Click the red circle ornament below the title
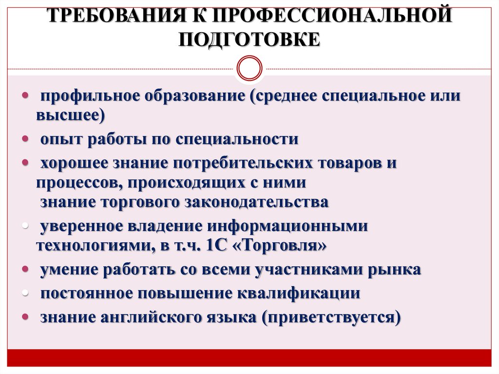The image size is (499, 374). pos(249,67)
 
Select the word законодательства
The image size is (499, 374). pos(256,202)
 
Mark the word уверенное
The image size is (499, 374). pos(81,226)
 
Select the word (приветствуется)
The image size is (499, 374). pos(331,317)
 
